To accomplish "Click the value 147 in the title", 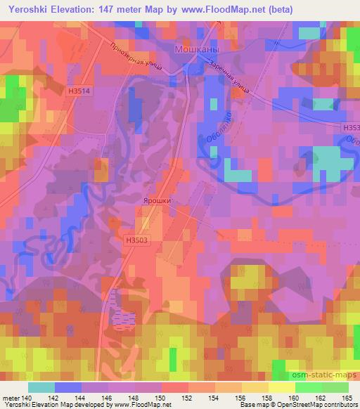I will pyautogui.click(x=126, y=8).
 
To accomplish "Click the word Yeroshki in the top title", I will pyautogui.click(x=32, y=8).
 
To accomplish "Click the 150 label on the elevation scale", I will pyautogui.click(x=162, y=397).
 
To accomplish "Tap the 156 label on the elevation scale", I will pyautogui.click(x=242, y=397).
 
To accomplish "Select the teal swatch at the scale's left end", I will pyautogui.click(x=41, y=387).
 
